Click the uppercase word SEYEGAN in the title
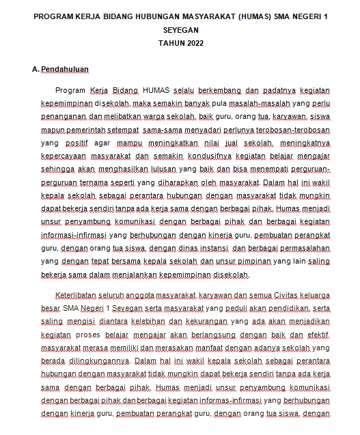(180, 31)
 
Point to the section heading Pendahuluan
(66, 70)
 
